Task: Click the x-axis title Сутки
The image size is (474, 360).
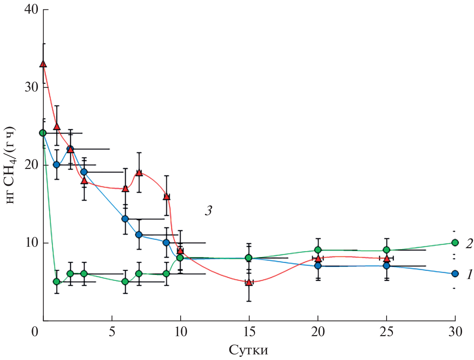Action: (x=248, y=350)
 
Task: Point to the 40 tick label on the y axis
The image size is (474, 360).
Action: (x=31, y=9)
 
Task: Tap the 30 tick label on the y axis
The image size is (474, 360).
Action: (x=31, y=87)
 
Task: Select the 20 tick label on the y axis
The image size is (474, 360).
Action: (x=31, y=165)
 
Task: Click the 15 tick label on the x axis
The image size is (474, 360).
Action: (x=249, y=332)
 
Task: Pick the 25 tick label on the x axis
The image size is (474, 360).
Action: (x=386, y=332)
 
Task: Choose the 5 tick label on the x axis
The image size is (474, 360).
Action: (x=112, y=332)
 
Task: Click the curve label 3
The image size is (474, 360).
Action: (x=208, y=211)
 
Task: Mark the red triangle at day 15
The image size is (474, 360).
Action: (x=249, y=282)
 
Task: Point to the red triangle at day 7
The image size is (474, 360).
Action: (x=139, y=172)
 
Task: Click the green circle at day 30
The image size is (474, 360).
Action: (x=455, y=243)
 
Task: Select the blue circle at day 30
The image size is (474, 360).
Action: (x=455, y=274)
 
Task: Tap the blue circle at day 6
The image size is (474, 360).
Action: (x=125, y=219)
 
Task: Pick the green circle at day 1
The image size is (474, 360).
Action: (x=56, y=281)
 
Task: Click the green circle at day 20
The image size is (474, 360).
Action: (x=318, y=250)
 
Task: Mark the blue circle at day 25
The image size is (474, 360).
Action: (x=386, y=266)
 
